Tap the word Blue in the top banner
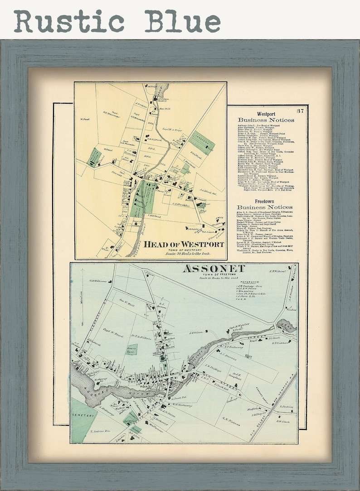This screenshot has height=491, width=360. (183, 21)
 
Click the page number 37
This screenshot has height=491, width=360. (301, 111)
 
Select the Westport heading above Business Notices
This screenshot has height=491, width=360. (267, 114)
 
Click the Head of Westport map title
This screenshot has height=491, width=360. (184, 245)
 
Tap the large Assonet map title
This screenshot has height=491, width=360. (213, 269)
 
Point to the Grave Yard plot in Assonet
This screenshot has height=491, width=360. (131, 349)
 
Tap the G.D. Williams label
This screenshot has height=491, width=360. (97, 281)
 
